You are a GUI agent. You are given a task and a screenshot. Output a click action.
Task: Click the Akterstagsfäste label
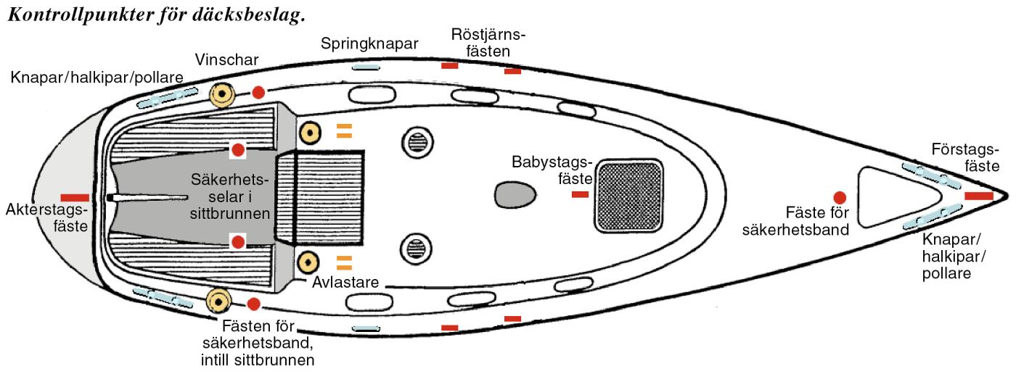tap(46, 218)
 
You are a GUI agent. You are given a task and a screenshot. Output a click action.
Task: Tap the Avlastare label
tap(347, 282)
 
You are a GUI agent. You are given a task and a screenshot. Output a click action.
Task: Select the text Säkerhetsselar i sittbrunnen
tap(230, 196)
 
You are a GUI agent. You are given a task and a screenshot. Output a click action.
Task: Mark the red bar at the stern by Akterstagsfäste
tap(75, 197)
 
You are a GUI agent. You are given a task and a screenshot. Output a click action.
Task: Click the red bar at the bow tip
tap(978, 196)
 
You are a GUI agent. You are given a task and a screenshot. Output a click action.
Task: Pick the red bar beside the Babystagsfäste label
tap(580, 195)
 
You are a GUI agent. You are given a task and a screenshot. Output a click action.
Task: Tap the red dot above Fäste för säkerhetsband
tap(840, 196)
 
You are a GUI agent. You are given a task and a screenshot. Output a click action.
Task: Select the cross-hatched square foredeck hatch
tap(629, 196)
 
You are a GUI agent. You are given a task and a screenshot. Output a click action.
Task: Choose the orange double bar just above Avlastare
tap(344, 262)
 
